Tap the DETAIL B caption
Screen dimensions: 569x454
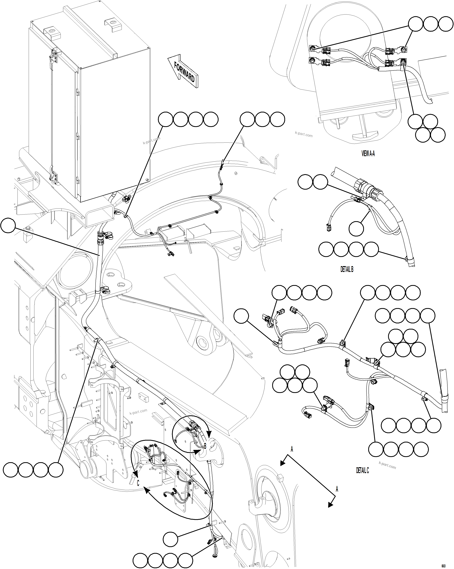[x=347, y=269]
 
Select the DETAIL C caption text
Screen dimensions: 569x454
[x=363, y=470]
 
